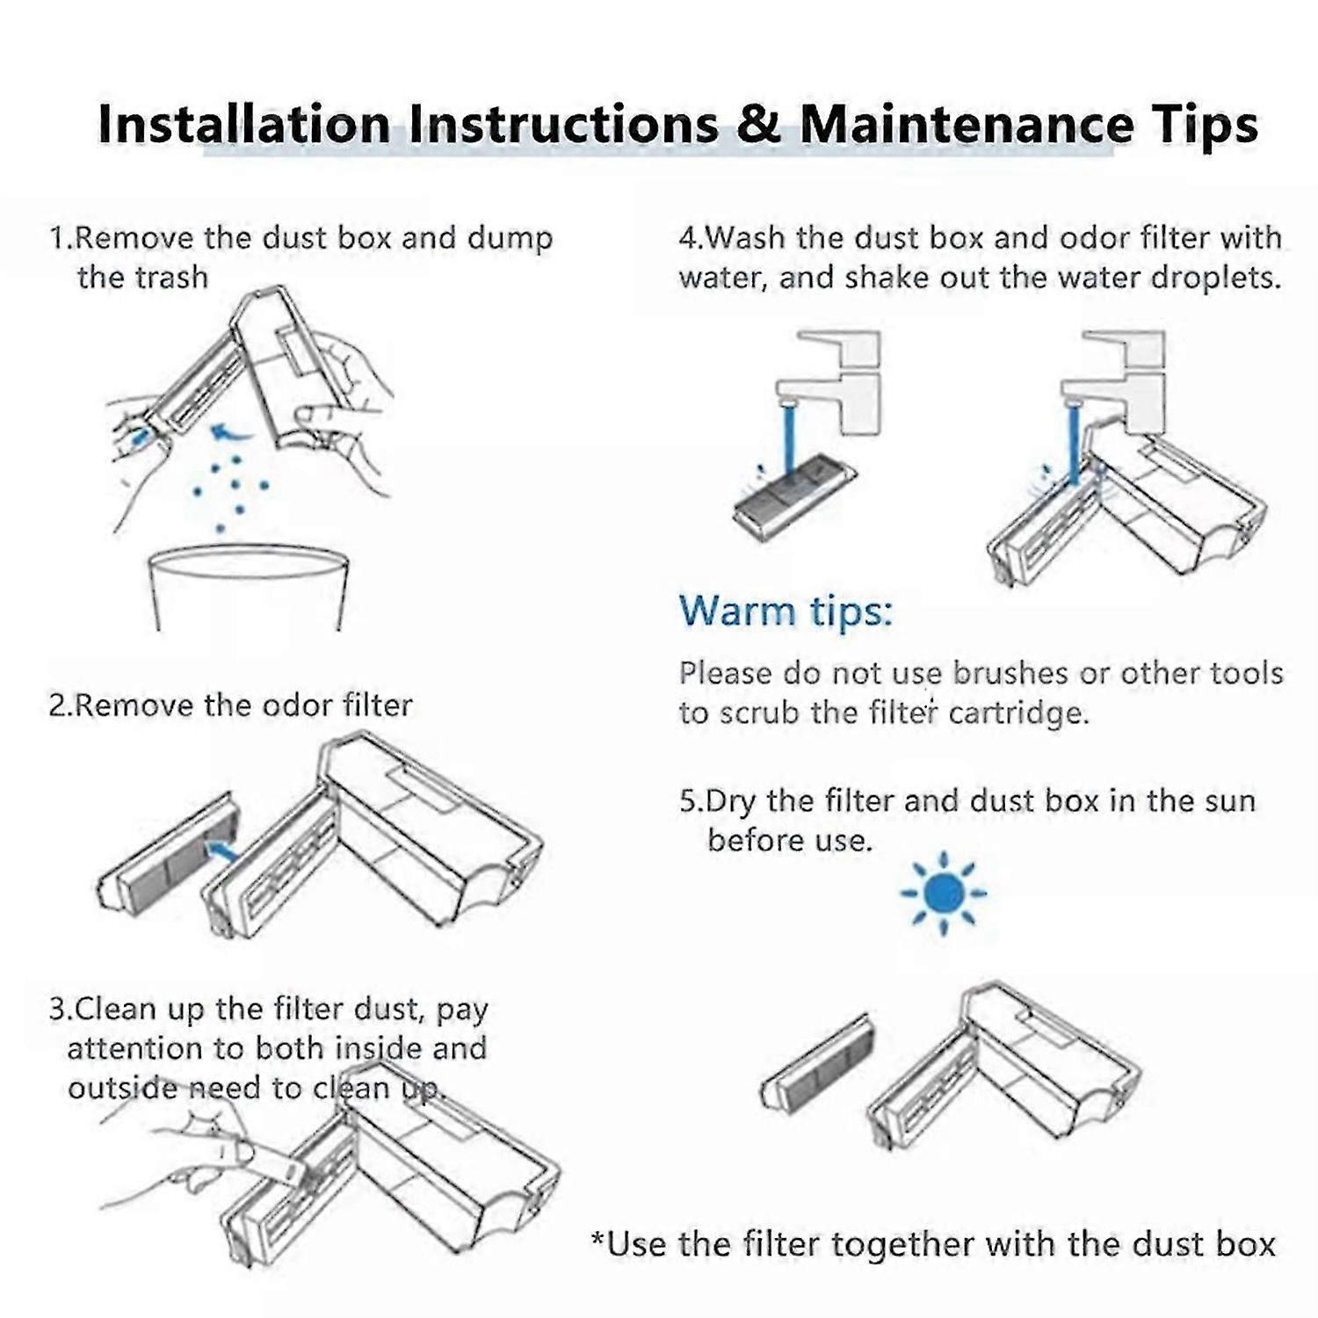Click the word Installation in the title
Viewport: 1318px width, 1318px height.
point(244,123)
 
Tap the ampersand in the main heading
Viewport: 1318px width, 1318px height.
point(758,123)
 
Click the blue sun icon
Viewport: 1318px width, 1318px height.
point(944,894)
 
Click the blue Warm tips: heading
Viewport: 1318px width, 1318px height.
point(786,611)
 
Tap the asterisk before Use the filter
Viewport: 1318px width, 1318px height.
point(598,1240)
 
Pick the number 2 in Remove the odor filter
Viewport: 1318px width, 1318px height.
point(57,706)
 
